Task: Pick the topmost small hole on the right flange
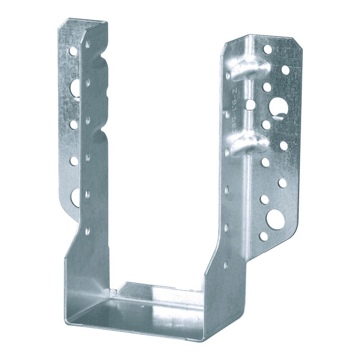[x=268, y=49]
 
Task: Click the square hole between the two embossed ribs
[x=251, y=105]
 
